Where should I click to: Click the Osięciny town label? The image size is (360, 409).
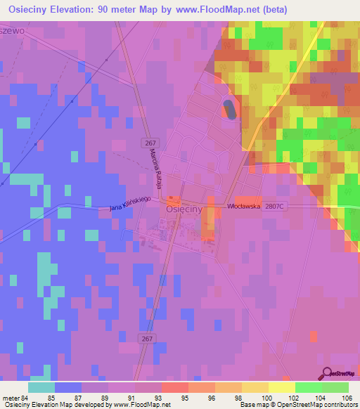[184, 209]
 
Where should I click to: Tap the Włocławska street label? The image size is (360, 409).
[243, 207]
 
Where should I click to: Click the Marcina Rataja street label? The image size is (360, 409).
[160, 173]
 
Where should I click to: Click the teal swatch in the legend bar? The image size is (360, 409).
[41, 387]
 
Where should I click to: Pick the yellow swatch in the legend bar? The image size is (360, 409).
[281, 387]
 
